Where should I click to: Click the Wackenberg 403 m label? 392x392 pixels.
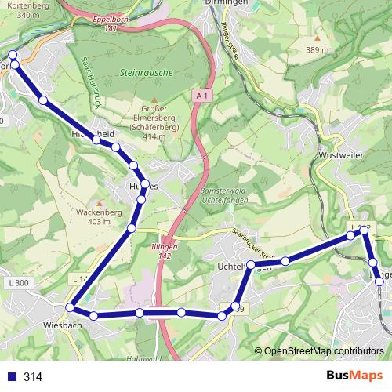point(99,217)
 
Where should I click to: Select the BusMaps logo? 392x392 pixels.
point(354,376)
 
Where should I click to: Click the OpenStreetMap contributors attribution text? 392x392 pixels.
point(324,350)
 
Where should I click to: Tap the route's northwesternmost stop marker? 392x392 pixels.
point(12,55)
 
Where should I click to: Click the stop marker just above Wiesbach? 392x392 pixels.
point(71,307)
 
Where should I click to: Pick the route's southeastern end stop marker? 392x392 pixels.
point(380,281)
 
